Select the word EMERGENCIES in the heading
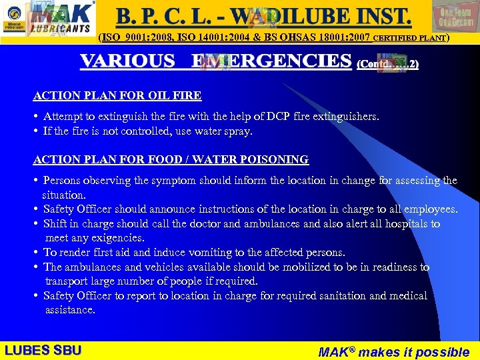pos(271,61)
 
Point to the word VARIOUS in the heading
pos(127,61)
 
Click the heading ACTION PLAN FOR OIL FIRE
pos(117,96)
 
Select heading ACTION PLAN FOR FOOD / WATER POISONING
pos(171,159)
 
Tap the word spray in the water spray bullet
pos(239,131)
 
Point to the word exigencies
pos(119,238)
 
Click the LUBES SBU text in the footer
pos(43,350)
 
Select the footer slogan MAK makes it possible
pos(393,351)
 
